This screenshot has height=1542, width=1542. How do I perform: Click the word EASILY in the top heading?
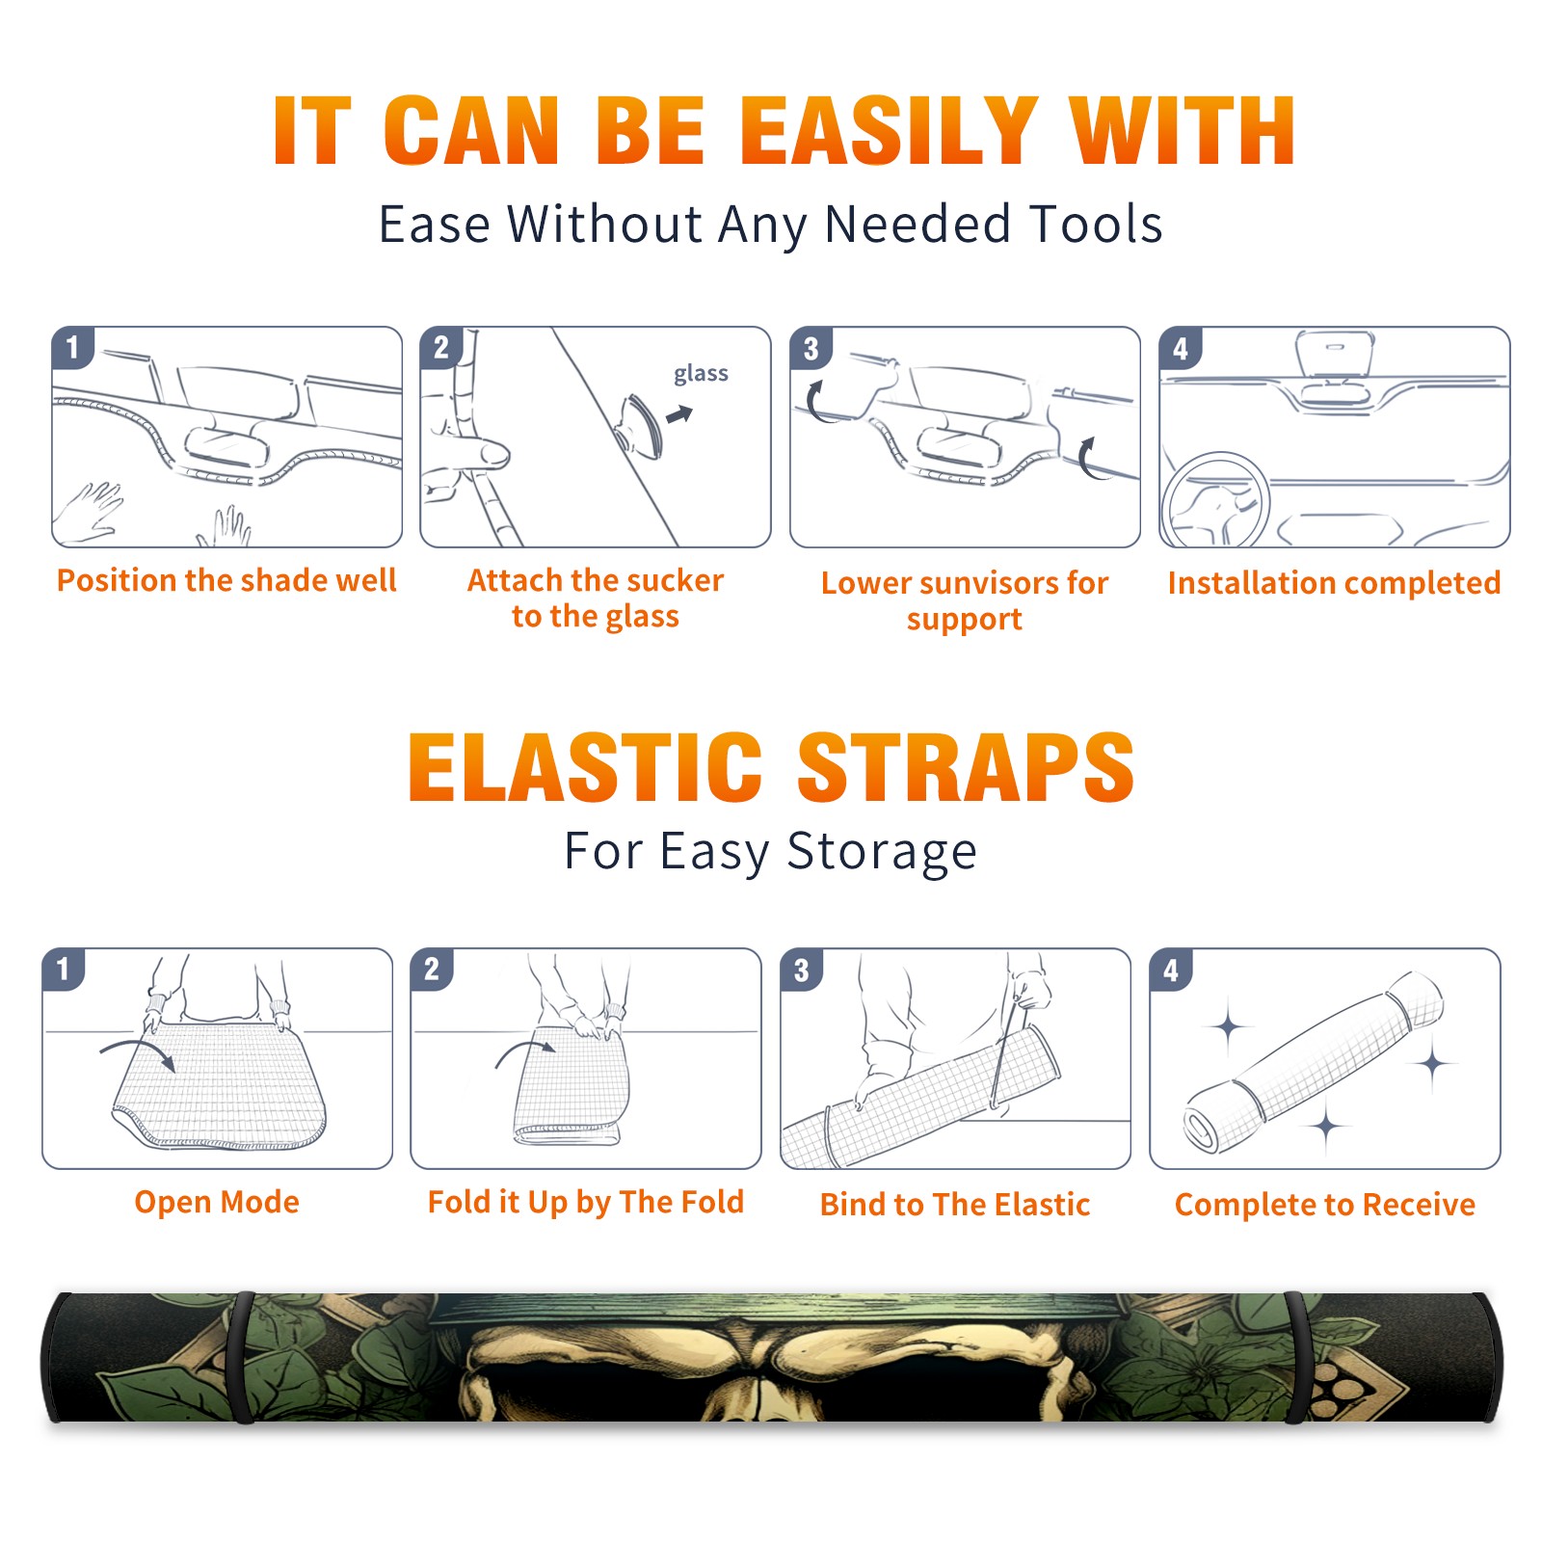pos(890,131)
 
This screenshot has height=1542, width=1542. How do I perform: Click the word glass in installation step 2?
pos(701,374)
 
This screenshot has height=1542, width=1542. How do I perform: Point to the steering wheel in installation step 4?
pos(1215,500)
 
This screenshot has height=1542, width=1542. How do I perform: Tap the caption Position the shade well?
pos(226,580)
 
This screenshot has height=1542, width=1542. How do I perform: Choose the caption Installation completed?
pos(1334,582)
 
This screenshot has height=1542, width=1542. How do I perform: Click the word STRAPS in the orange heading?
pos(966,767)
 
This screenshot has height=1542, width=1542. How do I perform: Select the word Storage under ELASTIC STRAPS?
pos(882,852)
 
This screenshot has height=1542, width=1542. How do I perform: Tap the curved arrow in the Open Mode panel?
pos(139,1051)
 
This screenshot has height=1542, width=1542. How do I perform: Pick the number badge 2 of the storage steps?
pos(432,970)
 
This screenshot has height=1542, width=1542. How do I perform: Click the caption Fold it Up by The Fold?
pos(586,1202)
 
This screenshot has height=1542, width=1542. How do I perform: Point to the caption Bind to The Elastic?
pos(955,1205)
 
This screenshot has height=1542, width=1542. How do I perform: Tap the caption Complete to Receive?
pos(1325,1205)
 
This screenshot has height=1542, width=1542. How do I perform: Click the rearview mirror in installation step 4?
pos(1335,354)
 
